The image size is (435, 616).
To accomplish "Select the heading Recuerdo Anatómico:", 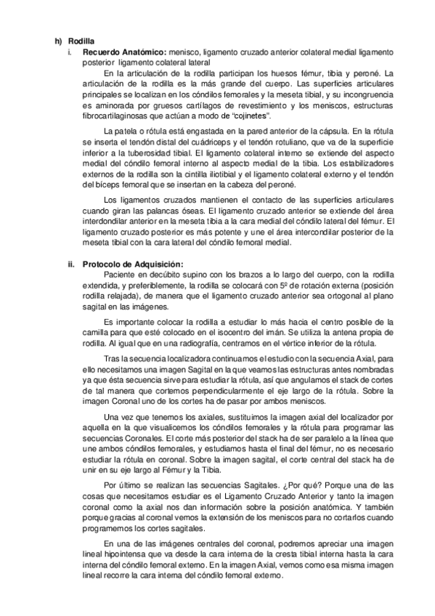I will (124, 53).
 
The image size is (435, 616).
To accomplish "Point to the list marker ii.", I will (71, 264).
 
